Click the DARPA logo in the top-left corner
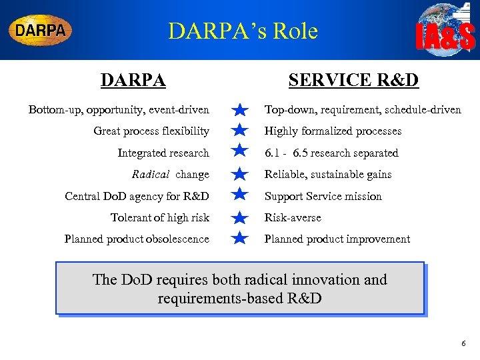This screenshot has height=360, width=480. coord(40,30)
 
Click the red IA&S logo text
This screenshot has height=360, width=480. coord(445,37)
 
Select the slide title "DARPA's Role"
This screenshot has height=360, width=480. coord(243,31)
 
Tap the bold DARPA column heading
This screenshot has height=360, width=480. coord(133,81)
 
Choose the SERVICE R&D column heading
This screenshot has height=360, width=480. coord(353,81)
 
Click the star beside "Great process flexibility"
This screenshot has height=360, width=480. coord(241,131)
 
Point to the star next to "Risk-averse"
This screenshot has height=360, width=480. coord(241,217)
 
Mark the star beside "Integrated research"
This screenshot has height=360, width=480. coord(241,153)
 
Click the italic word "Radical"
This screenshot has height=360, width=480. coord(151,175)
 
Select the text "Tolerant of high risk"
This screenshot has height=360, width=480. coord(160,217)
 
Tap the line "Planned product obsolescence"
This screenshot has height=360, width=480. coord(137,239)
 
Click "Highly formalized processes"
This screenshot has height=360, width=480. coord(333,131)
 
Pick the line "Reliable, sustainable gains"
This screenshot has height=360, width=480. coord(328,175)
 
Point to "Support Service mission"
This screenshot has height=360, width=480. coord(323,196)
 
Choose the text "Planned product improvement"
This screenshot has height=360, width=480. coord(337,239)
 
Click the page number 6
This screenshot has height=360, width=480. coord(463,343)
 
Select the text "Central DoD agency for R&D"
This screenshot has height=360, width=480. coord(137,196)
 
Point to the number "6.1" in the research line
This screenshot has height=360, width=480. coord(272,153)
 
